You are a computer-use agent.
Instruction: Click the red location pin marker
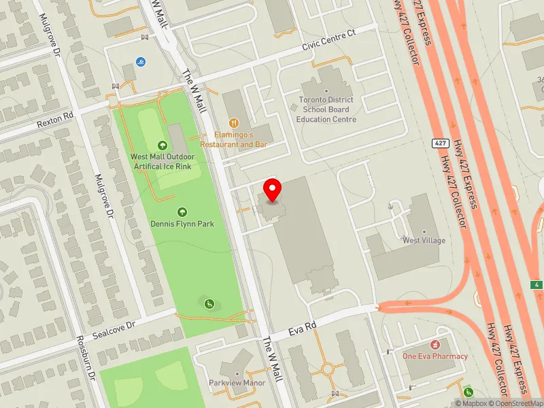273,190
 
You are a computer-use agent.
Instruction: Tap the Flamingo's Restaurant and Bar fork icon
234,123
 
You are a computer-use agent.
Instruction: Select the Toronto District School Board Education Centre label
326,109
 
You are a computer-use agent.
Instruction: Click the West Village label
424,241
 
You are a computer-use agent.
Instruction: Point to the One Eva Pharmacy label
435,356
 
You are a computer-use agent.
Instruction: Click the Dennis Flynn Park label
182,224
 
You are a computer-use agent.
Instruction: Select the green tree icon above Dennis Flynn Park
182,212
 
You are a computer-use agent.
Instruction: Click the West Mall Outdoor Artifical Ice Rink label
163,161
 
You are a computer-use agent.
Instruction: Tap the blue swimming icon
141,62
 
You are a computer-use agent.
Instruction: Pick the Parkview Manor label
237,383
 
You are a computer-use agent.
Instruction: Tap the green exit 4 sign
538,285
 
